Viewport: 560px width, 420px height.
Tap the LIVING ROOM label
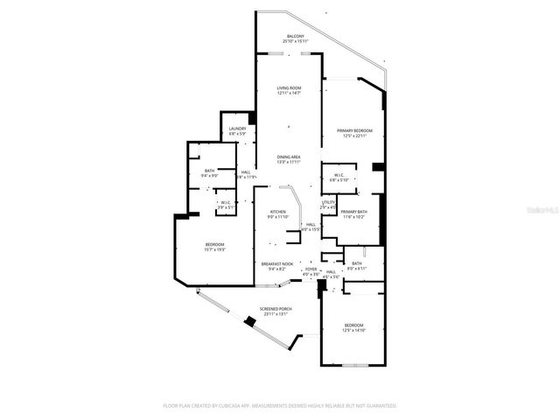[x=289, y=88]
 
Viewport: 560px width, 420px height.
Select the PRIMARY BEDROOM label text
[x=352, y=130]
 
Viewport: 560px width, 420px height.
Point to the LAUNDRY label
[x=238, y=129]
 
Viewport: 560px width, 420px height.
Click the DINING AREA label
[x=289, y=157]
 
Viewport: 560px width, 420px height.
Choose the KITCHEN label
[x=278, y=212]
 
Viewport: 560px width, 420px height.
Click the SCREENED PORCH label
[x=276, y=310]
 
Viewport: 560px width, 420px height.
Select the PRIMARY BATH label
[x=354, y=212]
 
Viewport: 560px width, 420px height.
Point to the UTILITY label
[x=329, y=202]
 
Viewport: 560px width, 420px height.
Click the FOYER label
[x=311, y=269]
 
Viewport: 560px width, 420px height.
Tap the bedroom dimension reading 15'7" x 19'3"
[x=215, y=249]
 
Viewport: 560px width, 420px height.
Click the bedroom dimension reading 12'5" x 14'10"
[x=354, y=330]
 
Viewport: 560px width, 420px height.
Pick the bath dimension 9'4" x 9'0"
[x=209, y=176]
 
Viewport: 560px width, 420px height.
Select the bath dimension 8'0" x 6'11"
[x=357, y=268]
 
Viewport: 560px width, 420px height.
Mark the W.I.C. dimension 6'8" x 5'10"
[x=339, y=180]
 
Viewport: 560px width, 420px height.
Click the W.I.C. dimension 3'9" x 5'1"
[x=226, y=207]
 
